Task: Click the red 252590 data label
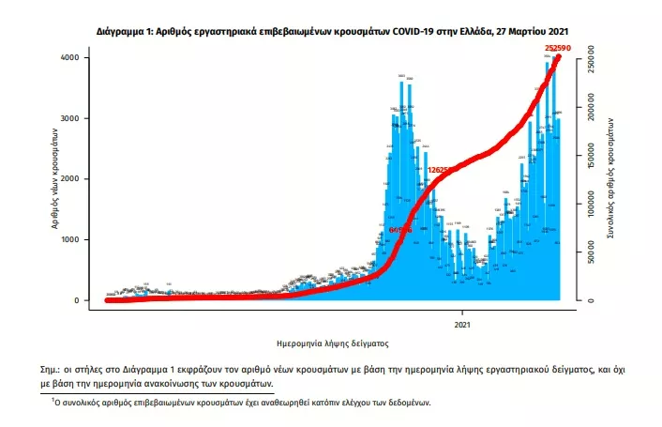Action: [x=558, y=47]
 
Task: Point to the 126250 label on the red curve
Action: [x=443, y=170]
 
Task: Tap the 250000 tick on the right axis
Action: [x=590, y=58]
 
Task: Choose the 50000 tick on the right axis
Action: [x=590, y=253]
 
